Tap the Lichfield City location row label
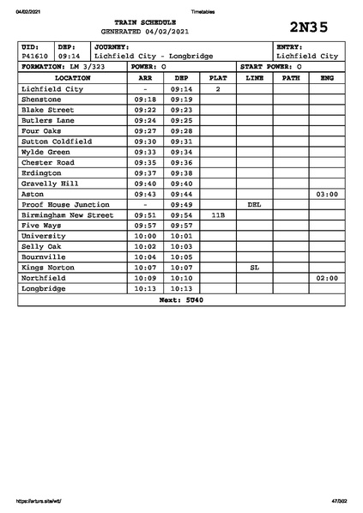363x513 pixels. [x=52, y=88]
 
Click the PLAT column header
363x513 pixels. [x=218, y=77]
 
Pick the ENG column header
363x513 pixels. [x=327, y=77]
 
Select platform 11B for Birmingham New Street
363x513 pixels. [x=218, y=215]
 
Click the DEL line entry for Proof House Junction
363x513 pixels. [x=254, y=205]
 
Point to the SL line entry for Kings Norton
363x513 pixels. [x=254, y=268]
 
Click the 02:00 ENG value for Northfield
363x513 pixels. [x=327, y=279]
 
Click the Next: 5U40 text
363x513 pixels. [x=181, y=300]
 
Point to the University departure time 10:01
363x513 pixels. [x=181, y=236]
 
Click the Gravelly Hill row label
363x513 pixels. [x=50, y=184]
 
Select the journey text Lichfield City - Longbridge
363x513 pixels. [x=154, y=56]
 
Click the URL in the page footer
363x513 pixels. [x=39, y=501]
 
